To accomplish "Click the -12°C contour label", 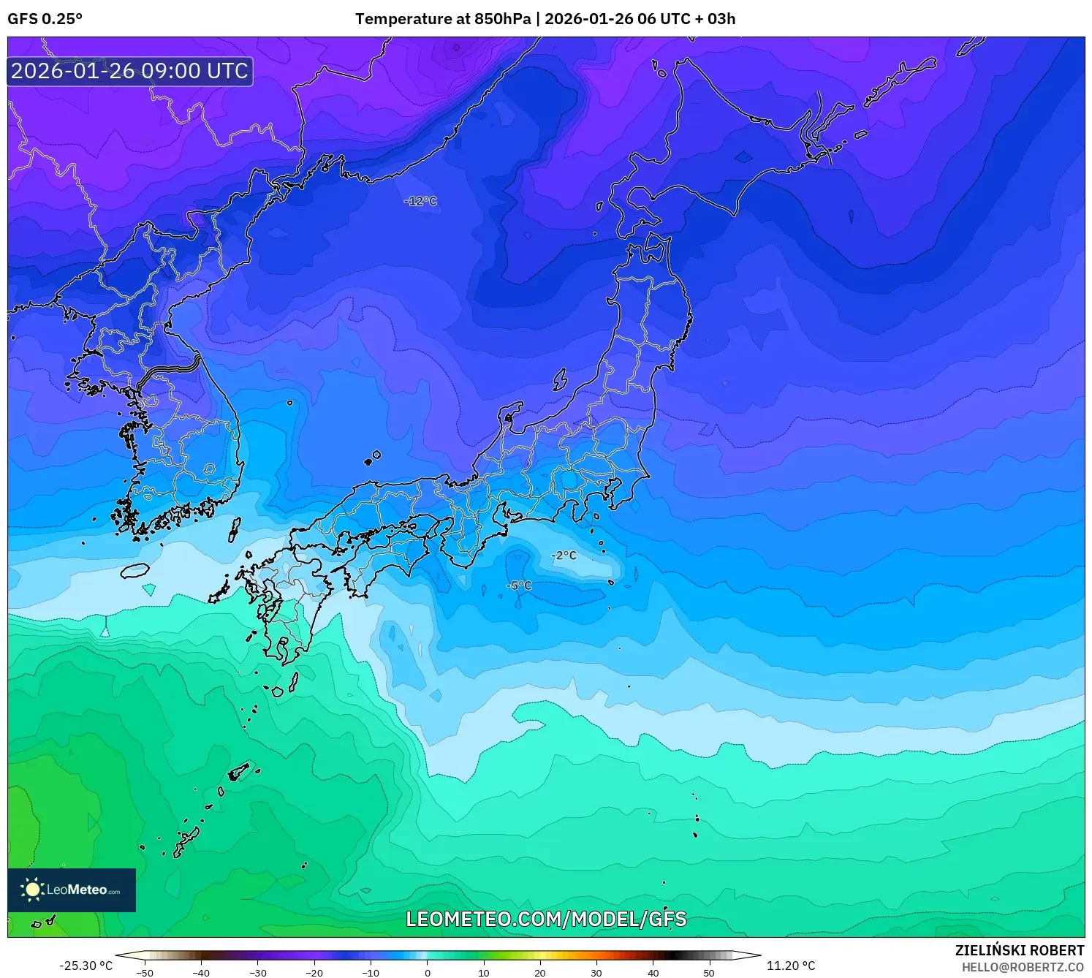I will point(420,201).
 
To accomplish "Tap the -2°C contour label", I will point(564,556).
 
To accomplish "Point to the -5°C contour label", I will point(519,585).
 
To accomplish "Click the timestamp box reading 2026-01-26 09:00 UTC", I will point(130,71).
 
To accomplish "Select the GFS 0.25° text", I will point(45,19).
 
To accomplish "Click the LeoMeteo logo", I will point(72,890).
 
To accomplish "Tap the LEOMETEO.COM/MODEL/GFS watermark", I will point(546,919).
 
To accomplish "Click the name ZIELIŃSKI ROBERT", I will point(1019,950).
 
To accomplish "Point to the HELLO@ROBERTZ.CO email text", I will point(1022,967).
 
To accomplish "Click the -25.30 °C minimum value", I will point(86,966).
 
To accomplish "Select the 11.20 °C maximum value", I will point(791,966).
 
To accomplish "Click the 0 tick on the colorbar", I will point(428,973).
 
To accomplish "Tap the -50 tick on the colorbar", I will point(145,973).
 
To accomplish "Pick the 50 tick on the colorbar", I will point(709,973).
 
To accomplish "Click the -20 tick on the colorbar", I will point(314,973).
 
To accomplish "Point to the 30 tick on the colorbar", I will point(596,973).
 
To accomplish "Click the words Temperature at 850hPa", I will point(443,19).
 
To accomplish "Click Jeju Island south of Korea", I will point(134,570).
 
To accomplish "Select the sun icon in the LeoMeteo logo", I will point(32,890).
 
